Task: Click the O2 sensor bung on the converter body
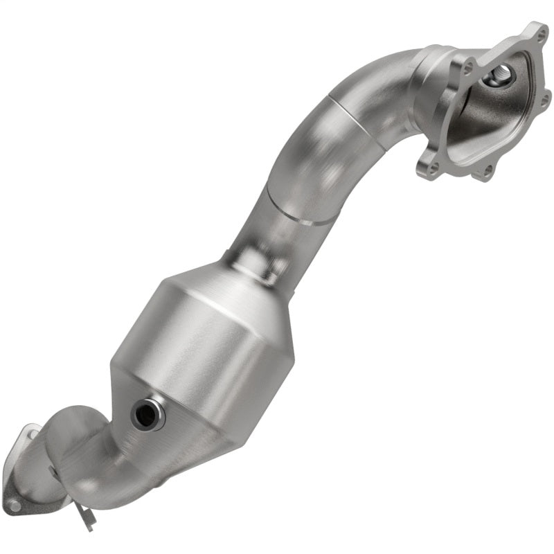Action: (147, 414)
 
